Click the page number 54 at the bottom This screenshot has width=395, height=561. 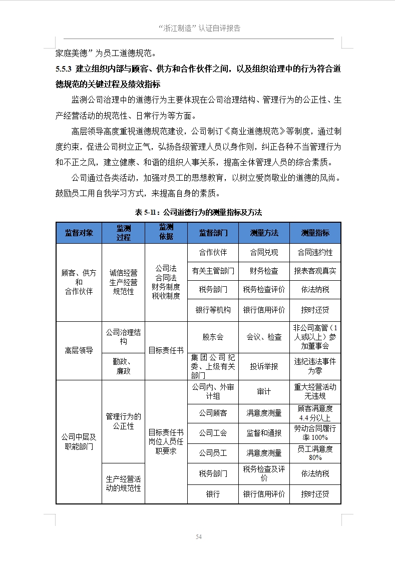pos(199,536)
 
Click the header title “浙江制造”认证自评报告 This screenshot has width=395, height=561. pos(199,28)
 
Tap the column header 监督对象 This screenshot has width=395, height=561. pos(79,233)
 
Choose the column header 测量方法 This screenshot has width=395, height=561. pos(264,233)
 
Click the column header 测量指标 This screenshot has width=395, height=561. pos(315,233)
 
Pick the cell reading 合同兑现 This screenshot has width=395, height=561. pos(264,252)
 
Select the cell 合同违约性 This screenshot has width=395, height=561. pos(315,252)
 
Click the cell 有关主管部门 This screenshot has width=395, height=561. pos(213,271)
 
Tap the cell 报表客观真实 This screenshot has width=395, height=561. pos(315,271)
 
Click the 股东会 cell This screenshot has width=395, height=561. pos(213,337)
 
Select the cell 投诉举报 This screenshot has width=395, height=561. pos(264,366)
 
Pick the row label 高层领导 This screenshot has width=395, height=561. pos(79,350)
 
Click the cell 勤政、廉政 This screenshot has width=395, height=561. pos(123,366)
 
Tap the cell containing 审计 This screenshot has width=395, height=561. pos(264,392)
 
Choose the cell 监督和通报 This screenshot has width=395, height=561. pos(264,433)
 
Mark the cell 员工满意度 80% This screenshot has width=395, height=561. pos(315,453)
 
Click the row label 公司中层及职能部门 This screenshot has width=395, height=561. pos(79,441)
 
